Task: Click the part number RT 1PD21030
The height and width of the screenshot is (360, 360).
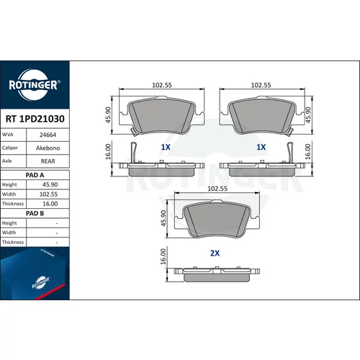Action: pyautogui.click(x=35, y=119)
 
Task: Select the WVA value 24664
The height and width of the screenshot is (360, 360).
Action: pyautogui.click(x=48, y=135)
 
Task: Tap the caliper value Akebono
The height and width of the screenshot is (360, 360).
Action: pyautogui.click(x=48, y=148)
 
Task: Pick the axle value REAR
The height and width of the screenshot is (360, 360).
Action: pyautogui.click(x=48, y=161)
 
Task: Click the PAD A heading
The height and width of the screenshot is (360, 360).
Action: pyautogui.click(x=35, y=175)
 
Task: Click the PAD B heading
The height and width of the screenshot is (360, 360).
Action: pyautogui.click(x=35, y=213)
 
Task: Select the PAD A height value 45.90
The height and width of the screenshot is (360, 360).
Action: pyautogui.click(x=50, y=184)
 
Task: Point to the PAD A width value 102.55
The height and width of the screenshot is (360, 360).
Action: pyautogui.click(x=48, y=194)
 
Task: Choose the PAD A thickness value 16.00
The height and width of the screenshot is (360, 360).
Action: pyautogui.click(x=50, y=204)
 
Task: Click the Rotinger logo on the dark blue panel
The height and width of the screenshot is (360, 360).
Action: pyautogui.click(x=35, y=85)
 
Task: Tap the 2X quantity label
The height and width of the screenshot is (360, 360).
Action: pyautogui.click(x=215, y=253)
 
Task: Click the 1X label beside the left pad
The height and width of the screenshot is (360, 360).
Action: pyautogui.click(x=166, y=147)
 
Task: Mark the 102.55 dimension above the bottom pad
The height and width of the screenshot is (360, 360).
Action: pyautogui.click(x=217, y=189)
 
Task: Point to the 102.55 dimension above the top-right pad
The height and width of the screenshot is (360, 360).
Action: pyautogui.click(x=261, y=85)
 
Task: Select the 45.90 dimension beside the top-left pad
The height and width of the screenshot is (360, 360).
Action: pyautogui.click(x=109, y=115)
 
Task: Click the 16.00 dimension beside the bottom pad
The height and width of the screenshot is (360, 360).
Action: pyautogui.click(x=163, y=256)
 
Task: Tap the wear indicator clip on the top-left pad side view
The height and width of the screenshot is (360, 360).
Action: pyautogui.click(x=133, y=152)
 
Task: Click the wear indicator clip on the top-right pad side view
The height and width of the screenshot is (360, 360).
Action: pyautogui.click(x=290, y=152)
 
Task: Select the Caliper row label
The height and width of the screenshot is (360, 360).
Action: pyautogui.click(x=10, y=148)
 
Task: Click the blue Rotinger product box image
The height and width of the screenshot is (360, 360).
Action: pyautogui.click(x=35, y=274)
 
